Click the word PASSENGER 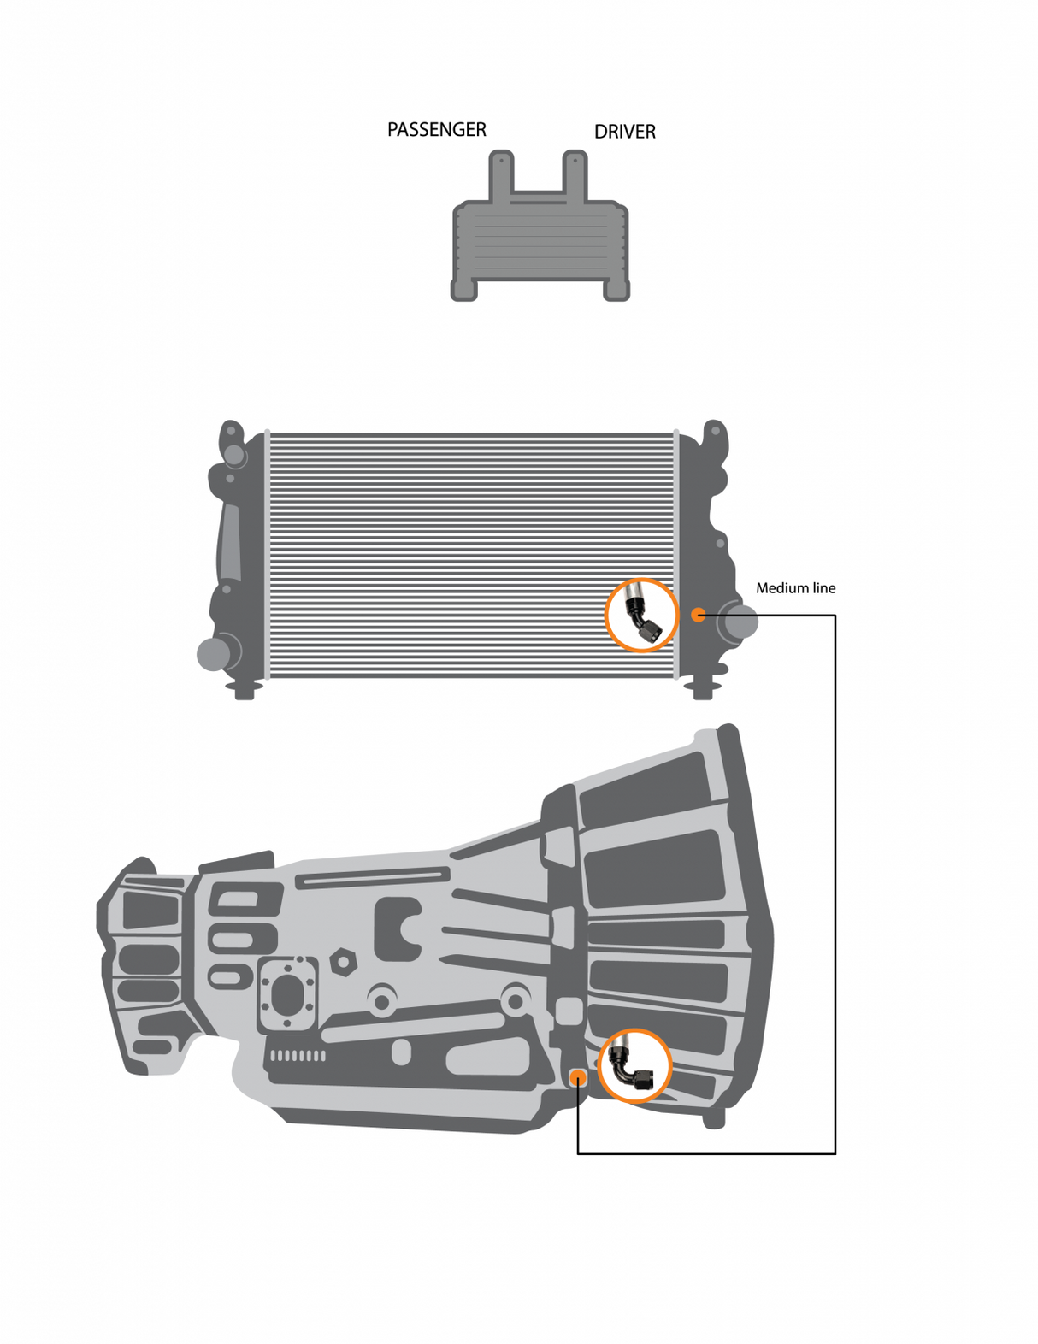pos(436,129)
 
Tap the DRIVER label pos(624,132)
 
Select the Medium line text pos(794,588)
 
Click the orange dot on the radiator pos(698,615)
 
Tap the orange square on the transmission pos(578,1077)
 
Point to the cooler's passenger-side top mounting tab pos(501,174)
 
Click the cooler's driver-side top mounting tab pos(575,174)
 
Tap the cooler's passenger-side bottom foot pos(464,289)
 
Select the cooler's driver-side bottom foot pos(616,289)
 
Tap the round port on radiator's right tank pos(739,621)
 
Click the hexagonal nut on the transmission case pos(343,962)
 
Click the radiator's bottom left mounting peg pos(245,689)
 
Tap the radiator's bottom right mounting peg pos(703,688)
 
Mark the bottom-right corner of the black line pos(835,1153)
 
